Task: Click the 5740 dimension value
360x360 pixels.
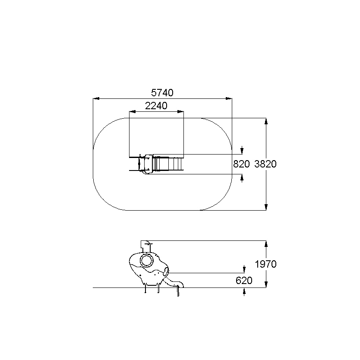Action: coord(162,93)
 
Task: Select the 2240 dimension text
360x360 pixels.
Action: coord(156,106)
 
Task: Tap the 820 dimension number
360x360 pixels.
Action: coord(241,164)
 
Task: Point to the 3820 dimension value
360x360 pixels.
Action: coord(265,164)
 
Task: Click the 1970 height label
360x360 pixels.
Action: coord(266,264)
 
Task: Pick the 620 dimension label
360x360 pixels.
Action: coord(244,281)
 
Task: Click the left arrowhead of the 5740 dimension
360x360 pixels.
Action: coord(96,98)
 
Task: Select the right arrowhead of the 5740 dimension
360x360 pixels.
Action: coord(229,98)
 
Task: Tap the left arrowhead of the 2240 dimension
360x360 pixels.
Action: coord(133,111)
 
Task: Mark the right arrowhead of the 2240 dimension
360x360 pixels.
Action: coord(181,111)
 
